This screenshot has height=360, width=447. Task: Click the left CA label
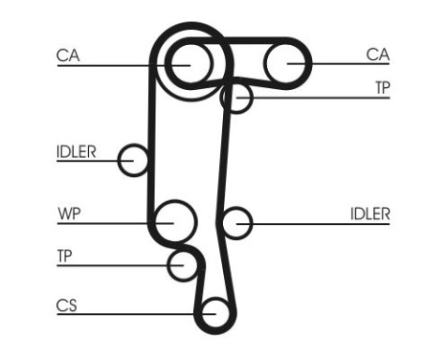click(67, 56)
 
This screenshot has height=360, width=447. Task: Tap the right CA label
click(378, 56)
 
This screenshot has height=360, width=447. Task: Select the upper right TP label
click(382, 87)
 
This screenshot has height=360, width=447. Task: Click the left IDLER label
click(77, 149)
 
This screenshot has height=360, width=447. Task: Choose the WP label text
click(68, 213)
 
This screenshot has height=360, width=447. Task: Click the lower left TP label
click(64, 256)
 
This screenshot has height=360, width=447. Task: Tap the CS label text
click(66, 306)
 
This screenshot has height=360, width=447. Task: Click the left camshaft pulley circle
click(190, 64)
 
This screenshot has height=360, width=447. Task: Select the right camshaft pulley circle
click(287, 64)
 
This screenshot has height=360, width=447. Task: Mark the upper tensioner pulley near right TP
click(236, 97)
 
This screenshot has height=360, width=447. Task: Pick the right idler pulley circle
click(235, 223)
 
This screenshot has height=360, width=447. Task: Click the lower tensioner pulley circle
click(182, 265)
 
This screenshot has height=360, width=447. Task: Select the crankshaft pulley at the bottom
click(215, 313)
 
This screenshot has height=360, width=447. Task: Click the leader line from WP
click(115, 222)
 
